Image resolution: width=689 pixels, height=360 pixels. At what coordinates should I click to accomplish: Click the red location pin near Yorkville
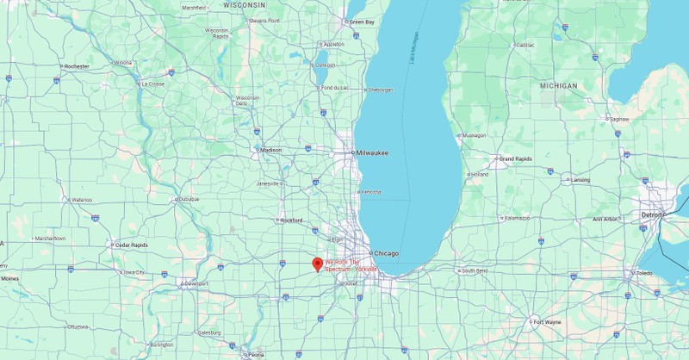(x=317, y=264)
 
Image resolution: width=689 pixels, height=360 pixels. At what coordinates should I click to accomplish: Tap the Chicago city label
(x=386, y=253)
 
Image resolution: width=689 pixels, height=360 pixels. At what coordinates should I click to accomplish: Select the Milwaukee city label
(x=372, y=153)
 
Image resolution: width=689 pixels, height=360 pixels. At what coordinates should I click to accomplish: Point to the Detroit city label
(x=651, y=214)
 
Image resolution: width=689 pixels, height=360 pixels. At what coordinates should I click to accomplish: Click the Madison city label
(x=270, y=150)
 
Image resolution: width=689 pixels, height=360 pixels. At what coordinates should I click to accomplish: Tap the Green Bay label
(x=360, y=22)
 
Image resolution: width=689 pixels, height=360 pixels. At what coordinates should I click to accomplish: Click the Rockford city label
(x=291, y=220)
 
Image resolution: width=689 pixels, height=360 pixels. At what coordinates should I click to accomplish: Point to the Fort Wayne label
(x=547, y=322)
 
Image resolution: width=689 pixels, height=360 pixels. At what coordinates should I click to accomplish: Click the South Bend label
(x=474, y=270)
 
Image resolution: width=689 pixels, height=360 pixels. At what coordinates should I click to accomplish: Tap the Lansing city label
(x=580, y=180)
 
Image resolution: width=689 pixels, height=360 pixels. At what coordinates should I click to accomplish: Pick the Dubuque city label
(x=188, y=199)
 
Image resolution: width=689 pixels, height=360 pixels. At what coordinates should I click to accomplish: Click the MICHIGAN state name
(x=558, y=86)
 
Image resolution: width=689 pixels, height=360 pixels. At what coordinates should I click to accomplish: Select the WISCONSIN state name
(x=244, y=4)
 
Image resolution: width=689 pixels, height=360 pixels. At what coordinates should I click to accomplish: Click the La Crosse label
(x=152, y=84)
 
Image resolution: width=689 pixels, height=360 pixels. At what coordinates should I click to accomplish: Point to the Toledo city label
(x=643, y=273)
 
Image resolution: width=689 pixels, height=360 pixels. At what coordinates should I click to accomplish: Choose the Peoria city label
(x=256, y=354)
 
